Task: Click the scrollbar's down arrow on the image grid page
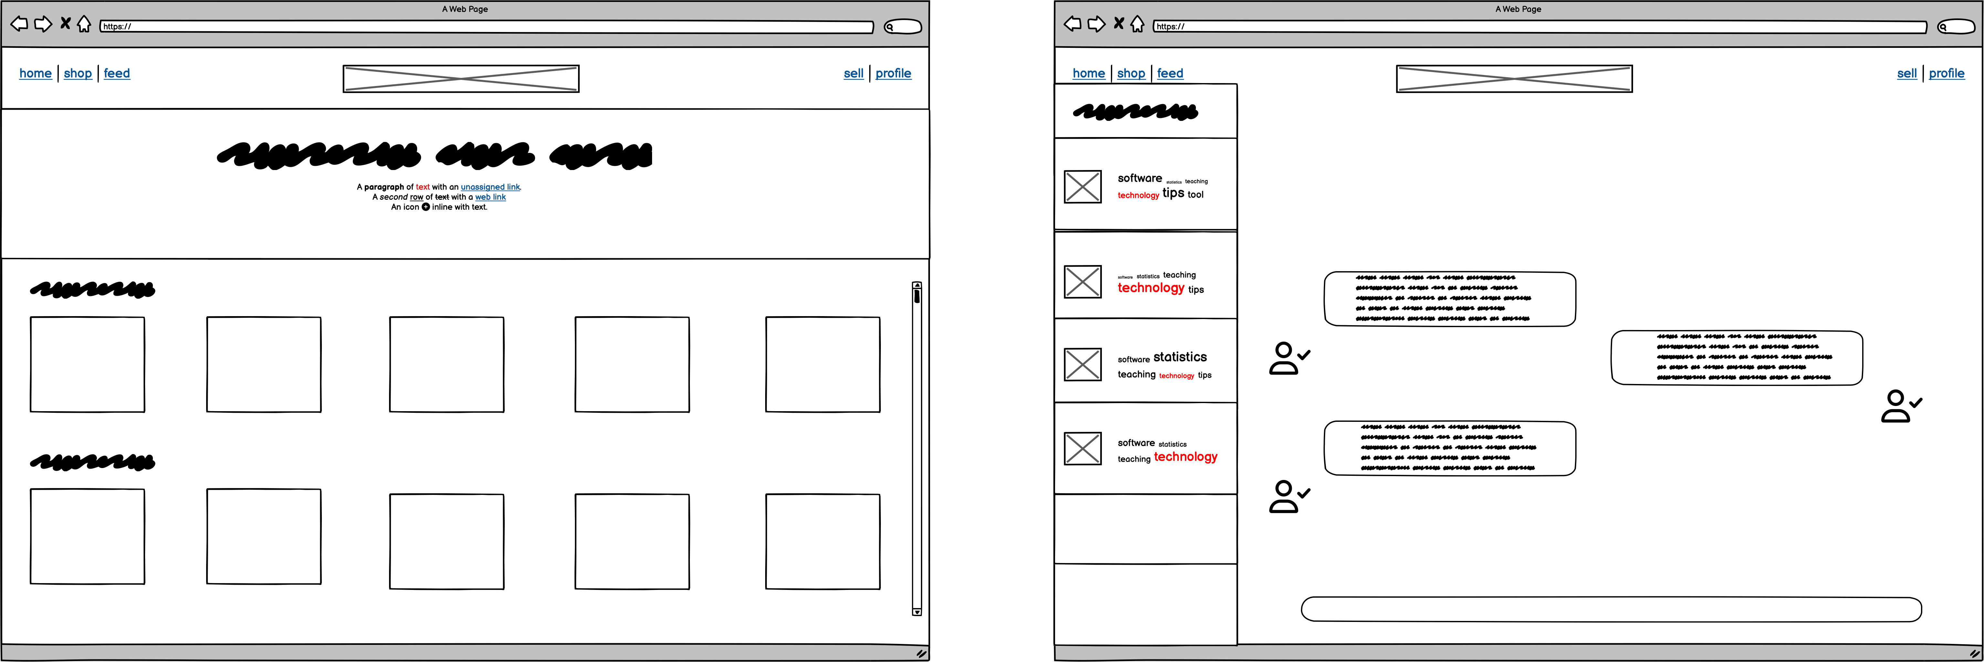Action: pos(916,612)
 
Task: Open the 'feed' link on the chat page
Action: pos(1170,73)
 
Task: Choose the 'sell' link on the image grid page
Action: pos(853,73)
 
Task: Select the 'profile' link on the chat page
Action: pos(1946,73)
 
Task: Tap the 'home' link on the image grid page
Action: pos(36,73)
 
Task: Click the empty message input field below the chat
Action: pos(1611,609)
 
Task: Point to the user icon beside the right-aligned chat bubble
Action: pos(1900,406)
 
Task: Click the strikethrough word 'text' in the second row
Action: pos(442,197)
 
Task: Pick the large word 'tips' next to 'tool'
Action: pos(1173,193)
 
